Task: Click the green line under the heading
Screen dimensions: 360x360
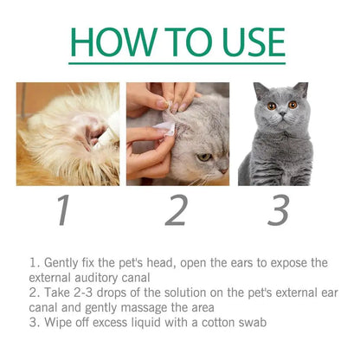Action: pos(177,64)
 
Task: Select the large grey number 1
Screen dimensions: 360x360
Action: pos(61,210)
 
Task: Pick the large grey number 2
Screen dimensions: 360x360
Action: pos(177,210)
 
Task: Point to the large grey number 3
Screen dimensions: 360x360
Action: pos(278,210)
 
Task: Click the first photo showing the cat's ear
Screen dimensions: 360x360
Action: pos(67,134)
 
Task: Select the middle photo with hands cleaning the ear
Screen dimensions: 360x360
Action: pos(177,134)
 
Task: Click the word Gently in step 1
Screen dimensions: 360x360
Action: pos(61,262)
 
